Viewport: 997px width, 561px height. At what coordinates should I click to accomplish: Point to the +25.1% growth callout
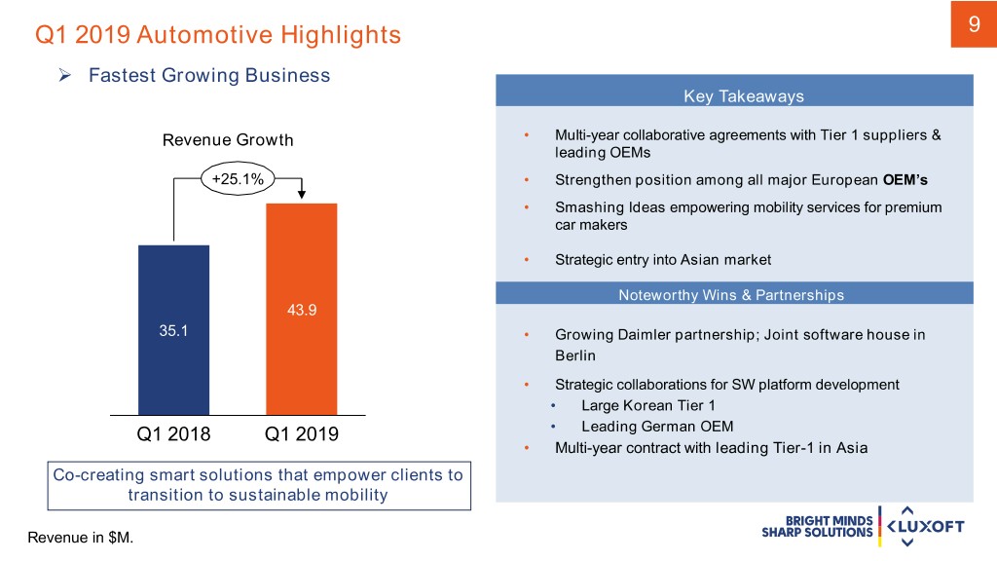click(238, 177)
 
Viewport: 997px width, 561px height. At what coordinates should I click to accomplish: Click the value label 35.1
click(174, 330)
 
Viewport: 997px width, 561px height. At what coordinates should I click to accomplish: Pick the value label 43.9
click(301, 311)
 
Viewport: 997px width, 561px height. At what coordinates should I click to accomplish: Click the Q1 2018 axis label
click(173, 433)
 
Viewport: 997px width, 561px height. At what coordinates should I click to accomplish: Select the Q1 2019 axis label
click(302, 433)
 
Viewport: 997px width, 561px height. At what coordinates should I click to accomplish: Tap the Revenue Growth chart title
click(228, 139)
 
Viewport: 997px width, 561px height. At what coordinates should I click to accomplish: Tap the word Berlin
click(574, 355)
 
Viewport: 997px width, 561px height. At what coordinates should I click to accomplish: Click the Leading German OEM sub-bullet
click(656, 427)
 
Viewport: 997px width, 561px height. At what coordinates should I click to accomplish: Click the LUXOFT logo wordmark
click(928, 527)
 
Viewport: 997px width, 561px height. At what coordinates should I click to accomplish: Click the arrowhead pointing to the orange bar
click(301, 198)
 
